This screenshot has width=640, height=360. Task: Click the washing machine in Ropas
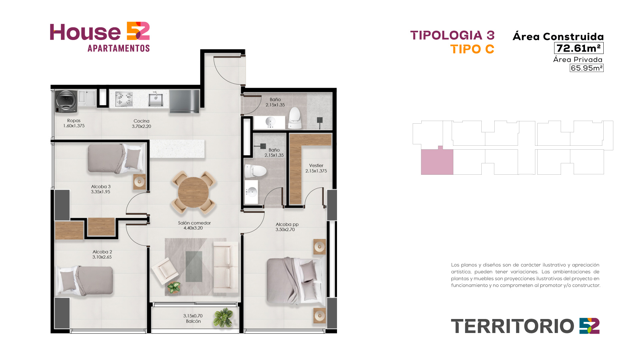(x=66, y=101)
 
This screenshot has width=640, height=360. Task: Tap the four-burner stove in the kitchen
(x=124, y=99)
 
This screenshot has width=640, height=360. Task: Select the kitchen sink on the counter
(x=156, y=100)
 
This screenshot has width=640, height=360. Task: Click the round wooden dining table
(x=193, y=192)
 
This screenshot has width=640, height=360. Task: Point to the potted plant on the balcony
(x=224, y=317)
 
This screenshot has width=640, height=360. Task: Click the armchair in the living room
(x=165, y=270)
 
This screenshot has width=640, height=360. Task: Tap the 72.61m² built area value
(x=579, y=48)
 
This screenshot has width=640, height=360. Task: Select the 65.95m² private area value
(x=587, y=68)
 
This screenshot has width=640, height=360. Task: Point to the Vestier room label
(x=316, y=165)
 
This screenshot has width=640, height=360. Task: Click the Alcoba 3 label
(x=101, y=187)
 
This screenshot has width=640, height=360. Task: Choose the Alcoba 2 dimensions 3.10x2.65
(x=102, y=257)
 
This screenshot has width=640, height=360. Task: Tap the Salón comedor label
(x=194, y=223)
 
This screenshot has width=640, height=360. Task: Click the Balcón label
(x=193, y=321)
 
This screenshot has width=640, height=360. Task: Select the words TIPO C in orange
(x=472, y=49)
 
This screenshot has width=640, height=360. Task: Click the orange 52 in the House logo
(x=138, y=31)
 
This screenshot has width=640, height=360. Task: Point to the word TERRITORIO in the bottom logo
(x=512, y=326)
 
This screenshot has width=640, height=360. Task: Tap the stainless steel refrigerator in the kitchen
(x=184, y=101)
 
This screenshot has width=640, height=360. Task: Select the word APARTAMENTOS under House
(x=119, y=48)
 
